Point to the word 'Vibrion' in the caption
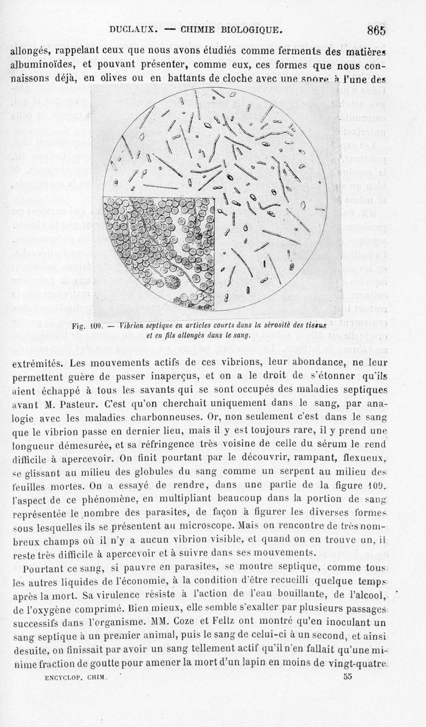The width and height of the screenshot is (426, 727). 133,325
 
